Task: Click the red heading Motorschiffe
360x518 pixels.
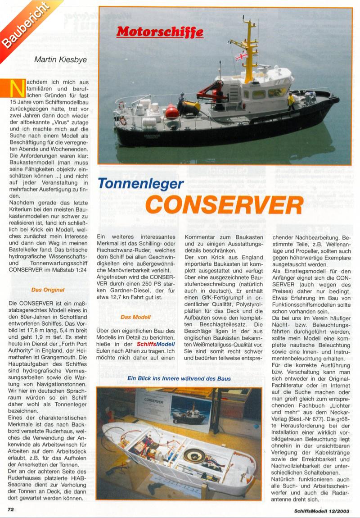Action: (x=160, y=32)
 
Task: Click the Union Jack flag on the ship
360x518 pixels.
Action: (x=242, y=55)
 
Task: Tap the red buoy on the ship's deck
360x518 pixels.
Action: (x=172, y=110)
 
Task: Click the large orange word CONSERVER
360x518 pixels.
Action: (x=224, y=205)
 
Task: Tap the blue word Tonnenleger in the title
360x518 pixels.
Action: (x=140, y=184)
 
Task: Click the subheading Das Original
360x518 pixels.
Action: (x=48, y=290)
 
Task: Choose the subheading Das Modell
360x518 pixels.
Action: (x=135, y=317)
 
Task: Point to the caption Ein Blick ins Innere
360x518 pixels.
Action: (x=179, y=378)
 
